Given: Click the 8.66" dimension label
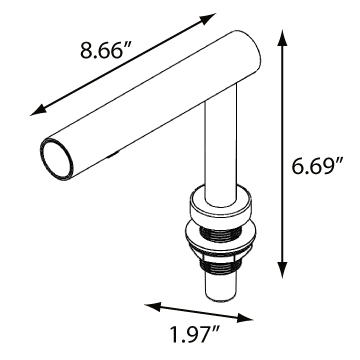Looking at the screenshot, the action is pyautogui.click(x=102, y=50).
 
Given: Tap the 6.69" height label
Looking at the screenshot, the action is pyautogui.click(x=316, y=166).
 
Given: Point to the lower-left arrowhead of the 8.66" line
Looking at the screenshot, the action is pyautogui.click(x=37, y=110).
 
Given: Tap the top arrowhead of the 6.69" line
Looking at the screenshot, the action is pyautogui.click(x=282, y=38).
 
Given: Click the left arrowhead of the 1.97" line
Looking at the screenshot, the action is pyautogui.click(x=152, y=306).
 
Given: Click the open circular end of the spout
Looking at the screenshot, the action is pyautogui.click(x=57, y=159).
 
